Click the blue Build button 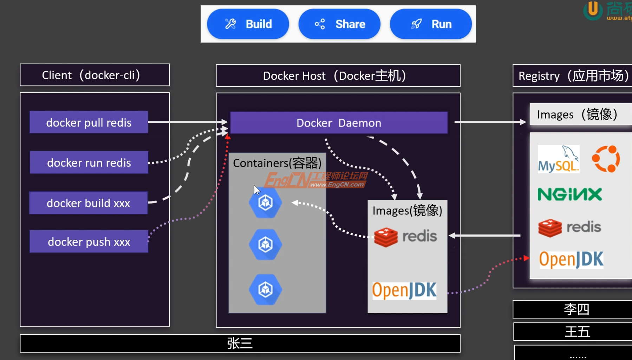(248, 24)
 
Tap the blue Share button (339, 24)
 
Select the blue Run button (431, 24)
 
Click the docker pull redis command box (89, 122)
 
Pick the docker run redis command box (89, 162)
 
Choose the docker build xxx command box (88, 203)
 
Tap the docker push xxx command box (89, 242)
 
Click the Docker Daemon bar (339, 123)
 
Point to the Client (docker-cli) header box (95, 75)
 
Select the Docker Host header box (338, 76)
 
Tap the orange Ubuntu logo (606, 159)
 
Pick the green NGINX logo (569, 194)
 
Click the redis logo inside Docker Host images (405, 237)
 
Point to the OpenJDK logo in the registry (571, 259)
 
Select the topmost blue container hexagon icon (266, 202)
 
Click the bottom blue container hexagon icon (266, 289)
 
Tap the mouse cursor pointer (256, 190)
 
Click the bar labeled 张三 (240, 343)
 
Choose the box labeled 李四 (576, 309)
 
